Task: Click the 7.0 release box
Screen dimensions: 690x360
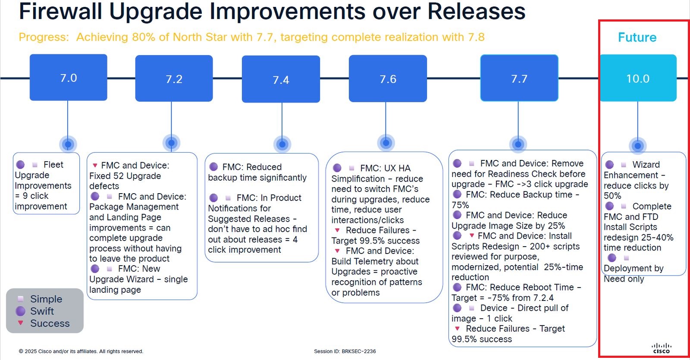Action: (69, 77)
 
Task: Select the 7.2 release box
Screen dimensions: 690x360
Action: (174, 78)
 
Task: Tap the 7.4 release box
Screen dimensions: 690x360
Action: (281, 79)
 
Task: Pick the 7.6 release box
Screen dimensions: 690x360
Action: (388, 78)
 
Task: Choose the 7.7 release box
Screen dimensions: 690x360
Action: (519, 78)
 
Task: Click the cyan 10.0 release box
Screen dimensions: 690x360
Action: (638, 78)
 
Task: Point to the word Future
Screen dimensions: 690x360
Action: (637, 37)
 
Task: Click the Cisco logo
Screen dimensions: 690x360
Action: (662, 348)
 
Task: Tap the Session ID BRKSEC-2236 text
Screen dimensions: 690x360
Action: (345, 351)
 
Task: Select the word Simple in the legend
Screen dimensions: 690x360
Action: (46, 299)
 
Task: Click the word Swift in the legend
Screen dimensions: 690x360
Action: (42, 311)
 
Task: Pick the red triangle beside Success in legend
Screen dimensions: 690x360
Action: (21, 323)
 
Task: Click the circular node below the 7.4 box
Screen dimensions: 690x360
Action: (282, 144)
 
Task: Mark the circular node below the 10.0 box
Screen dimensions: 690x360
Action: (638, 146)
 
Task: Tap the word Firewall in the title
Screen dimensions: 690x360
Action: (60, 11)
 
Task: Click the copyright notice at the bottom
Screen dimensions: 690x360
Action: (81, 351)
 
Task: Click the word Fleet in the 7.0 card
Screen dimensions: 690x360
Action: (53, 164)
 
